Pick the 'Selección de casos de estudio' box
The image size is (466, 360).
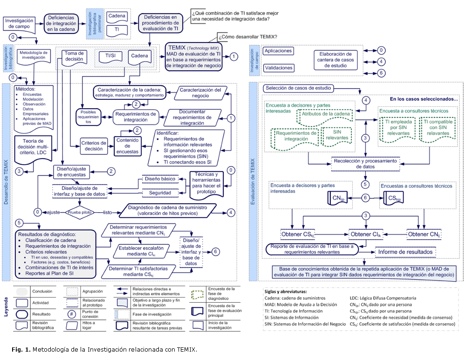tap(292, 88)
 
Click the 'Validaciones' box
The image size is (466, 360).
tap(278, 68)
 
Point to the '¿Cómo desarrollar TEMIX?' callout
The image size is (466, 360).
tap(247, 37)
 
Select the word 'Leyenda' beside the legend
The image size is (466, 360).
tap(6, 309)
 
